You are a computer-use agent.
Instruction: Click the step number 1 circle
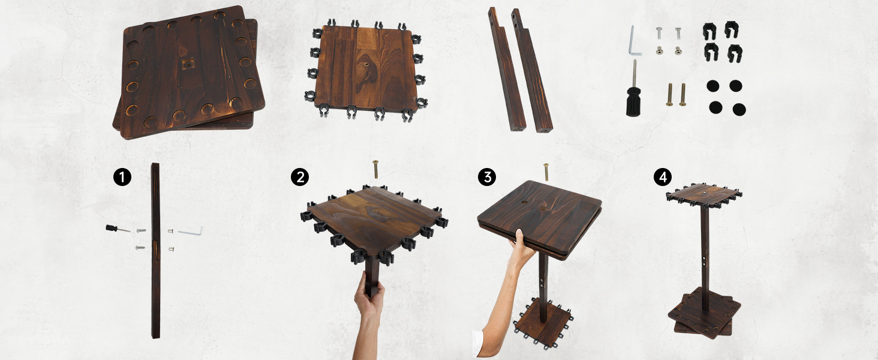coord(122,177)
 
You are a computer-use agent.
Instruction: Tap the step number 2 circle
coord(299,177)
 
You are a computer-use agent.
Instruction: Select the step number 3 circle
coord(487,177)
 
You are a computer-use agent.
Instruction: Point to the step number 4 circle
coord(662,177)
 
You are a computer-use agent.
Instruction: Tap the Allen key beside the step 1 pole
coord(191,230)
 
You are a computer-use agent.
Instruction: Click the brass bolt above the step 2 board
coord(376,169)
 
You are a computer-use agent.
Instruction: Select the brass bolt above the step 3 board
coord(546,171)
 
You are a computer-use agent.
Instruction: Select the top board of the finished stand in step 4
coord(703,193)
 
